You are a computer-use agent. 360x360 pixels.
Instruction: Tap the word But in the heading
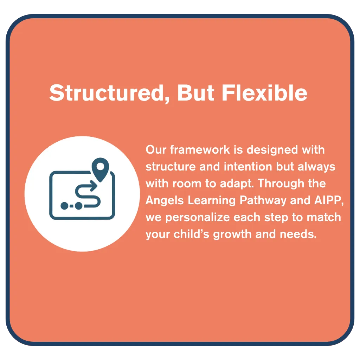[196, 93]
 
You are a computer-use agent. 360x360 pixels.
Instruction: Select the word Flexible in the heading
[264, 92]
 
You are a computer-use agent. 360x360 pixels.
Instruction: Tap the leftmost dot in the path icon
[64, 206]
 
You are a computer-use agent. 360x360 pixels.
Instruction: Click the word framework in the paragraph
[200, 150]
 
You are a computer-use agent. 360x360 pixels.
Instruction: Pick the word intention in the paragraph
[248, 166]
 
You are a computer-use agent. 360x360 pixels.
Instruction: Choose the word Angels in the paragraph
[165, 201]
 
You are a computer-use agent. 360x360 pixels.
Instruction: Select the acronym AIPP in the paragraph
[328, 200]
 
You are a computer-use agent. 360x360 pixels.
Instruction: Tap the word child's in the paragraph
[192, 234]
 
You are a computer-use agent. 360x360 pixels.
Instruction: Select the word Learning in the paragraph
[212, 201]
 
